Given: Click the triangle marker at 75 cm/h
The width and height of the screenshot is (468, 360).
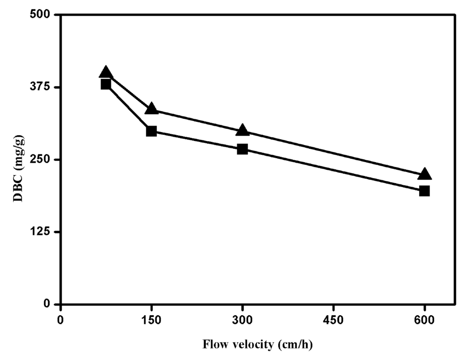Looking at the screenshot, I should (106, 72).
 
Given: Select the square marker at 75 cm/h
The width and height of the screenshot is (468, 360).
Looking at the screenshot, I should (106, 84).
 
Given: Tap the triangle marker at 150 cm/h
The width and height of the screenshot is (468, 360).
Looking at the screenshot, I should (151, 109).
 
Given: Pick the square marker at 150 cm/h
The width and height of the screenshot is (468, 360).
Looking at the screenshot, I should (151, 131).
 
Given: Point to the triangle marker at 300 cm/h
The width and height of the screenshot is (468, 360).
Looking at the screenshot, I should (242, 131).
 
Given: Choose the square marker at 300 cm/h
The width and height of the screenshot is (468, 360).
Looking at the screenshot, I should (242, 149).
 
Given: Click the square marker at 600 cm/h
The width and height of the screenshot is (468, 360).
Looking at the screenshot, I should (425, 191).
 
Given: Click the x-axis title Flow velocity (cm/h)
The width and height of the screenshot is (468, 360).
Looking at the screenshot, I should (257, 344).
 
